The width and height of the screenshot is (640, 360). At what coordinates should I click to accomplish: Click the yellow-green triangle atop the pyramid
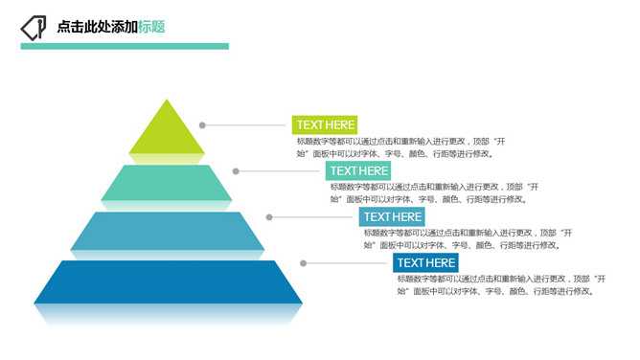(x=168, y=132)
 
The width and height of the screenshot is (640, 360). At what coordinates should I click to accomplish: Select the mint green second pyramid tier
(x=168, y=182)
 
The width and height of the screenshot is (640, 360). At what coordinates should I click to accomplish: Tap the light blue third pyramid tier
(x=168, y=230)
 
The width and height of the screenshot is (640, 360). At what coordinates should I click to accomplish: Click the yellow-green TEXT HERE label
(x=325, y=124)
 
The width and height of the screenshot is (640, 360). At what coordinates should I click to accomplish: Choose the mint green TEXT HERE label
(x=358, y=170)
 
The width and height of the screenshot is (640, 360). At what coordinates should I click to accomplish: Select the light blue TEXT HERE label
(x=392, y=216)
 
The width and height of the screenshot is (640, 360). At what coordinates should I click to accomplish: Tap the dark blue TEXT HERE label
(x=425, y=262)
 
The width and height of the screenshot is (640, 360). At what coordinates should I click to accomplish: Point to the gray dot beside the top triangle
(x=202, y=124)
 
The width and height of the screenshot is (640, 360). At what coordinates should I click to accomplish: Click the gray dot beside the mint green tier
(x=236, y=170)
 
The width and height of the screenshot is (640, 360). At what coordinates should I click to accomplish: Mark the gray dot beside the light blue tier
(x=269, y=216)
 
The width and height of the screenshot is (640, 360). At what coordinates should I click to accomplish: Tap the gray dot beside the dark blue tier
(x=303, y=262)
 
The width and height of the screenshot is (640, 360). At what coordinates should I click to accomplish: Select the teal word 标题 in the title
(x=151, y=27)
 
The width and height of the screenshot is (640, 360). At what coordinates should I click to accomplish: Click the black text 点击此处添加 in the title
(x=97, y=27)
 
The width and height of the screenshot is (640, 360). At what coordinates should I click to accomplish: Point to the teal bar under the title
(x=125, y=46)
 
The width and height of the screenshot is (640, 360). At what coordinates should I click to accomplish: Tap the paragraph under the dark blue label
(x=502, y=284)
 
